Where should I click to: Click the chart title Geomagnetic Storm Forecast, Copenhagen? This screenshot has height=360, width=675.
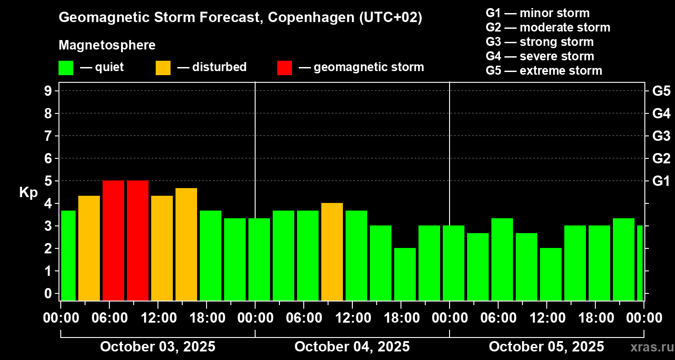coord(240,18)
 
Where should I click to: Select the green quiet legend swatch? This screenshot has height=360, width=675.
coord(66,68)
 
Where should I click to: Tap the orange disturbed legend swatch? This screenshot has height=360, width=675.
coord(163,68)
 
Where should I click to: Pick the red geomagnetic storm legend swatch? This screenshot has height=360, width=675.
coord(284,68)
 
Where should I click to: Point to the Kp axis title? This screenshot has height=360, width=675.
coord(28,193)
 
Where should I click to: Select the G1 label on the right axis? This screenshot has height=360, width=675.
coord(661,181)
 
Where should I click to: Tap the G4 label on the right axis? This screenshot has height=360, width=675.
coord(661,113)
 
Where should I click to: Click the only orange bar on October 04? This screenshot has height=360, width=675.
coord(332,252)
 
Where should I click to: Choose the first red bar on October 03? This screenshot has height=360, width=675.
coord(113,241)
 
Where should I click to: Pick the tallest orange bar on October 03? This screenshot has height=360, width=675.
coord(186,244)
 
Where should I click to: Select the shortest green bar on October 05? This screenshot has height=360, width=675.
coord(551,274)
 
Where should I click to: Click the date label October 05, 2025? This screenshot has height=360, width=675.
coord(546,347)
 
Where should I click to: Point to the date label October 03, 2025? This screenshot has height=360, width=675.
coord(157,347)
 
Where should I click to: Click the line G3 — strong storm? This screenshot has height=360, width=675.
coord(540,42)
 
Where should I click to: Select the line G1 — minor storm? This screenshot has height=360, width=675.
coord(537,13)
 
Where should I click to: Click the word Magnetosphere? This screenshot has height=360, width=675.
coord(107,45)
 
